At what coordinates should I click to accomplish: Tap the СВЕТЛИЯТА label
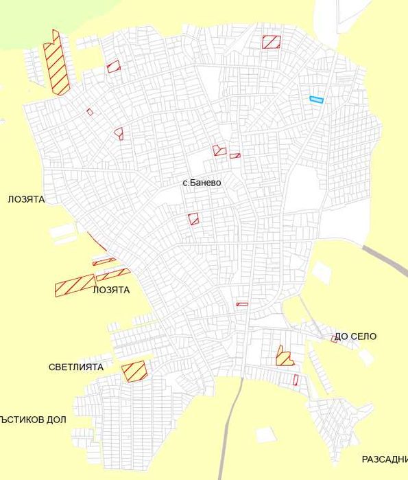76,367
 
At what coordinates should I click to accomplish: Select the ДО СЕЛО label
356,336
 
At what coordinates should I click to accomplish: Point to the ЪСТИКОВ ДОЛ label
34,419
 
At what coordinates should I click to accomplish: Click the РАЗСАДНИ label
384,459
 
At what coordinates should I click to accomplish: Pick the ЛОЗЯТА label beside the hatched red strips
110,290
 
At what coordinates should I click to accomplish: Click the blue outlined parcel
316,100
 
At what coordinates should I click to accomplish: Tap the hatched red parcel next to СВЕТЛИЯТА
134,371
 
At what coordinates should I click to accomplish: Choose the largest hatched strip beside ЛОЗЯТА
75,285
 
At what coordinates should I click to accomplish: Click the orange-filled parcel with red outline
284,357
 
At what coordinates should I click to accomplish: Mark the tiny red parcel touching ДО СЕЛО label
335,339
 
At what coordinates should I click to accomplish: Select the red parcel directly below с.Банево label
194,219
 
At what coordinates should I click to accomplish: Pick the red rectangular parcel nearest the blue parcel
272,42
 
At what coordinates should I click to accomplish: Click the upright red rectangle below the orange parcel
296,380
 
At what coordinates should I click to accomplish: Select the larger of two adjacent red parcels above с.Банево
219,150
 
